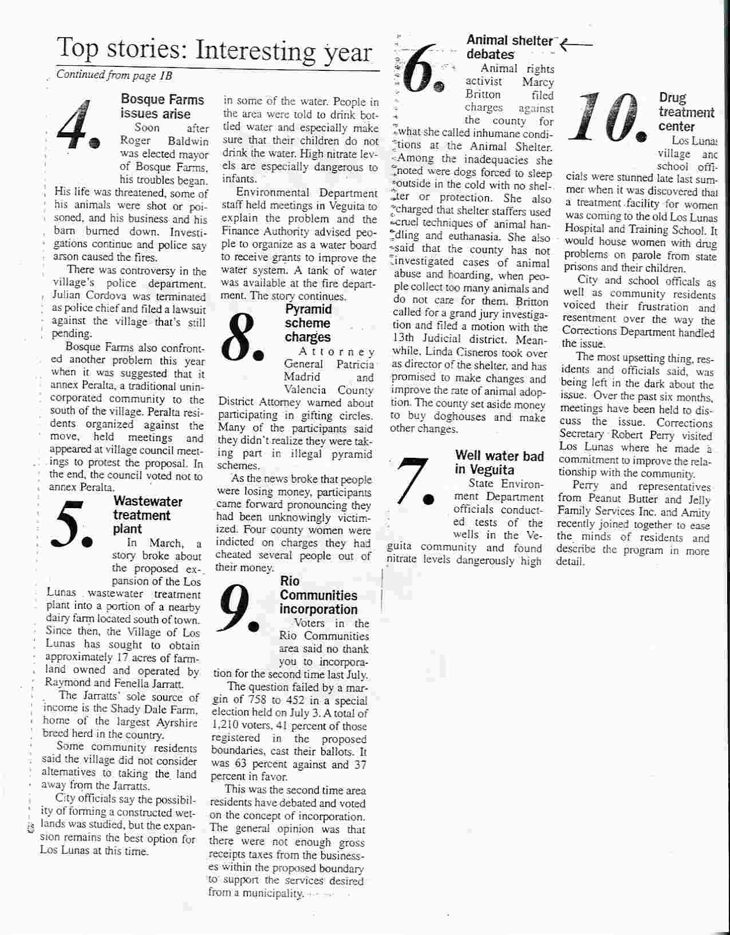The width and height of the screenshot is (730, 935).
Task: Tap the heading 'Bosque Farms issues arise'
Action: coord(162,106)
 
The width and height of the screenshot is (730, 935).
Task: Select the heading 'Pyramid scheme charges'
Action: coord(308,323)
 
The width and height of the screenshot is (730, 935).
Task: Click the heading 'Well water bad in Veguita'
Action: coord(499,462)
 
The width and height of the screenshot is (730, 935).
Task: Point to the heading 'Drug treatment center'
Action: coord(686,112)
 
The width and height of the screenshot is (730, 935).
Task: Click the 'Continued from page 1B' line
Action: coord(114,76)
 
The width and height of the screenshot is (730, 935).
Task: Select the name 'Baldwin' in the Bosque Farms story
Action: coord(186,141)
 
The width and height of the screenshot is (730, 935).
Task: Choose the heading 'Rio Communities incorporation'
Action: coord(318,595)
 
